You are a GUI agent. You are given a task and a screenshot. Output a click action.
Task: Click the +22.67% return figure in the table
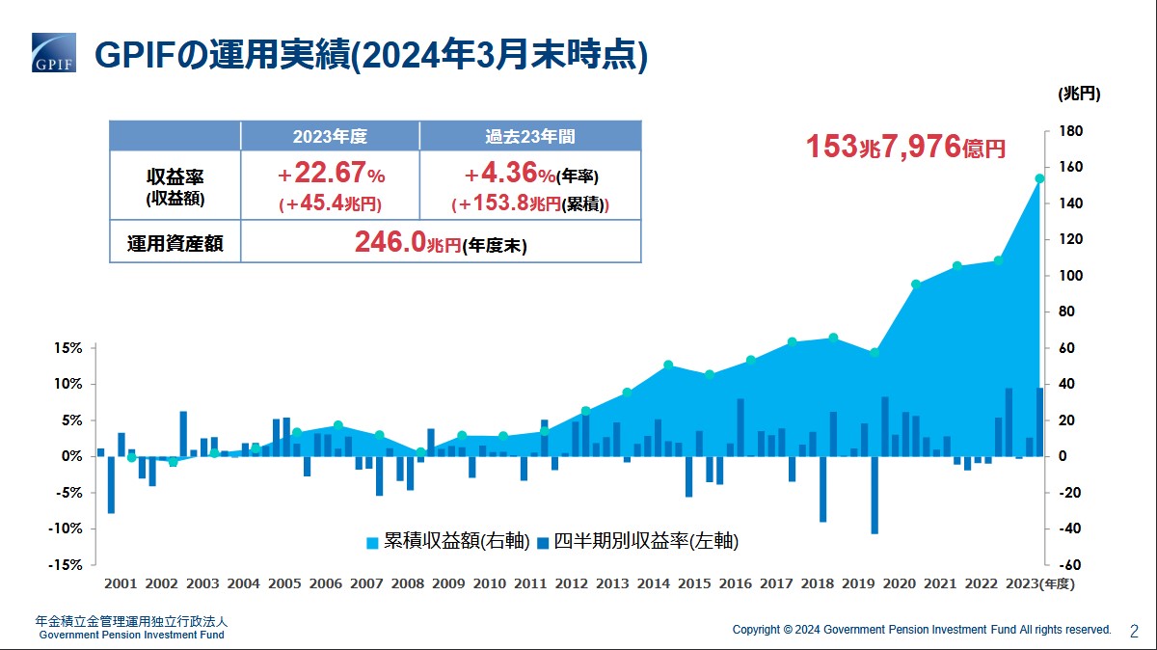(331, 175)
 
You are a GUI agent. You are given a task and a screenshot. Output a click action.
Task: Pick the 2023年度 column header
(330, 136)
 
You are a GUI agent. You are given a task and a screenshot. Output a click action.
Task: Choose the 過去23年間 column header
(530, 136)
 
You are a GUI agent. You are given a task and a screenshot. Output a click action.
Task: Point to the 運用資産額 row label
(175, 243)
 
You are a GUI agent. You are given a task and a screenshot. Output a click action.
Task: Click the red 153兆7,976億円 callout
(905, 148)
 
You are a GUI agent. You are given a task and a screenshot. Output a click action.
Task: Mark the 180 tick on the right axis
(1071, 131)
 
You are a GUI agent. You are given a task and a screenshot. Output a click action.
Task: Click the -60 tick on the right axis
(1070, 565)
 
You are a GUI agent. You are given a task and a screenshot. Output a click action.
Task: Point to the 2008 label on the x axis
(408, 583)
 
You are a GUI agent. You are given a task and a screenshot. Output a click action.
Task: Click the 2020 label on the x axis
(900, 583)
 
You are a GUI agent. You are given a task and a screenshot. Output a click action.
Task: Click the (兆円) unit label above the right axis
(1079, 95)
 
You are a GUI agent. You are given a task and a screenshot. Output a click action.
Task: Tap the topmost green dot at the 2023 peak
(1039, 178)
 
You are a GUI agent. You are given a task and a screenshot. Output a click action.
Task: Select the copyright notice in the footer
(922, 630)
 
